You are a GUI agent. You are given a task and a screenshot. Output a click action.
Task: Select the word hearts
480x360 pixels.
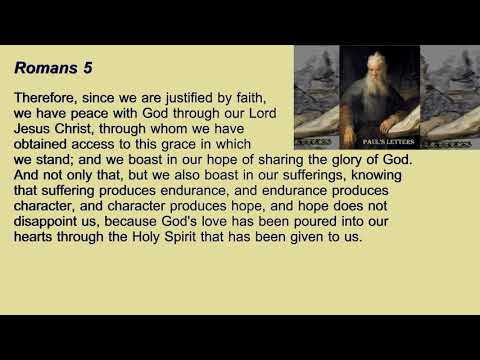(37, 239)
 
